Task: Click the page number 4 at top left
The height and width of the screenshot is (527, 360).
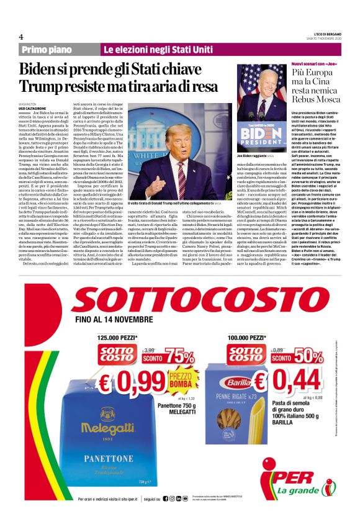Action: tap(21, 36)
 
